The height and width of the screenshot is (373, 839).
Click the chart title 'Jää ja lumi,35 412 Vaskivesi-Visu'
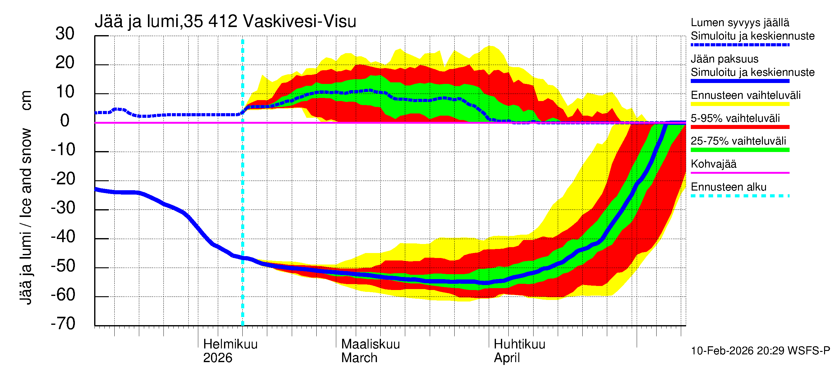click(225, 21)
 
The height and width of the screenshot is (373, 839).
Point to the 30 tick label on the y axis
click(65, 34)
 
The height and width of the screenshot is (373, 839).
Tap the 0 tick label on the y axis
click(65, 121)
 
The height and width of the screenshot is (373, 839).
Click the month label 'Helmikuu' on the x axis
click(230, 344)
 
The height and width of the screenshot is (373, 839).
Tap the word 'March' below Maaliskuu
click(359, 358)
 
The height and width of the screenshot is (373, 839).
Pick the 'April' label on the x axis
click(507, 358)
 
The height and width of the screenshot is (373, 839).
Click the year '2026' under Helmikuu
click(217, 358)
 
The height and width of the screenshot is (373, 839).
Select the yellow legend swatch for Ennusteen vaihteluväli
click(740, 104)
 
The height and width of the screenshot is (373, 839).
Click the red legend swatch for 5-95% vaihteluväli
click(740, 127)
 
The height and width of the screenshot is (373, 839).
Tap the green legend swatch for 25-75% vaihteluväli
click(740, 150)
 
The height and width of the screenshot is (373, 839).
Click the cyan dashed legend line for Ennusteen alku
click(740, 196)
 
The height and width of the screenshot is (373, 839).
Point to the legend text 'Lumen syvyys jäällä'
click(740, 23)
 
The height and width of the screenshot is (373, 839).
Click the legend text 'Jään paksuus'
click(724, 59)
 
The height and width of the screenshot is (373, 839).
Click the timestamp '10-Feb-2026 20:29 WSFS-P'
click(760, 351)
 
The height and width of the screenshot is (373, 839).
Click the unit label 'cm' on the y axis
click(26, 100)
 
